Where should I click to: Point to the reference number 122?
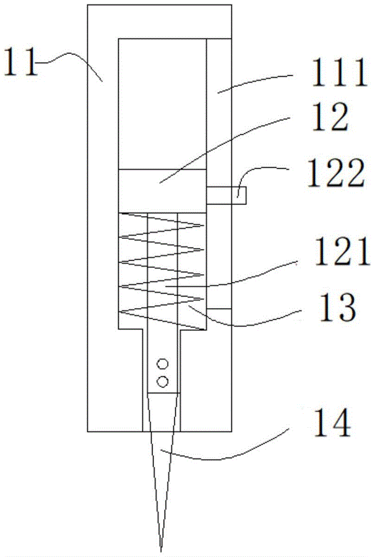[x=335, y=173]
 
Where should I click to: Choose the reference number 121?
[x=342, y=252]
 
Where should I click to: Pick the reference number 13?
[x=336, y=307]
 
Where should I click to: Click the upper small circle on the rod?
[x=163, y=364]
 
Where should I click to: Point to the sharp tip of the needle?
[x=161, y=552]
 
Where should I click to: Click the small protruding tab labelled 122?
[x=226, y=195]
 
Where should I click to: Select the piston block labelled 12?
[x=162, y=191]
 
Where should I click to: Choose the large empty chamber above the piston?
[x=162, y=104]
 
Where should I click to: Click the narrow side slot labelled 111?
[x=219, y=173]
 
